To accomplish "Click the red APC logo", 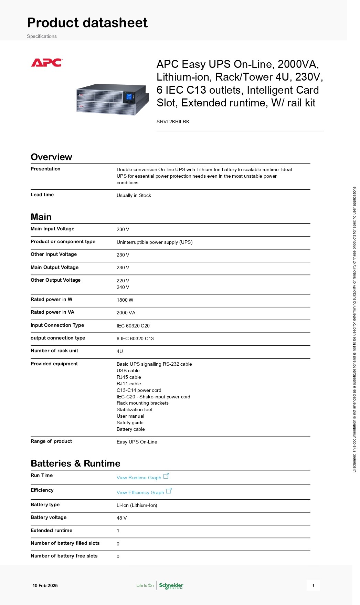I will [46, 63].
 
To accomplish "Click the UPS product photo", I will [113, 99].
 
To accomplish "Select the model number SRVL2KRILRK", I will [173, 122].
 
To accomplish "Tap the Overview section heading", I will [51, 157].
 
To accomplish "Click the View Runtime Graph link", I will [139, 478].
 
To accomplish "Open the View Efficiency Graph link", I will [140, 492].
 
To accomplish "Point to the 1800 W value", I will [125, 300].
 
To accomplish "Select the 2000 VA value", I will [126, 313].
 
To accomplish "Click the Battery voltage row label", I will [49, 517].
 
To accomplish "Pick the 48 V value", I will [121, 518].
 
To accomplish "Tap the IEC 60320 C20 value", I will [133, 326].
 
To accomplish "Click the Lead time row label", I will [42, 195].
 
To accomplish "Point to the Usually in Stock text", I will [134, 195].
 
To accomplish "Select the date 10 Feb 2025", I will [45, 585].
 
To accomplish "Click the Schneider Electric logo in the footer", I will [171, 585].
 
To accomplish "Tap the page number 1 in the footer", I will [313, 585].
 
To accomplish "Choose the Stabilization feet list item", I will [134, 409].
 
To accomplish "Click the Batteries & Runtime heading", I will [75, 463].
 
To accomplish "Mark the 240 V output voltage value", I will [123, 287].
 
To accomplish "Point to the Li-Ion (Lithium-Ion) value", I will [137, 505].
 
